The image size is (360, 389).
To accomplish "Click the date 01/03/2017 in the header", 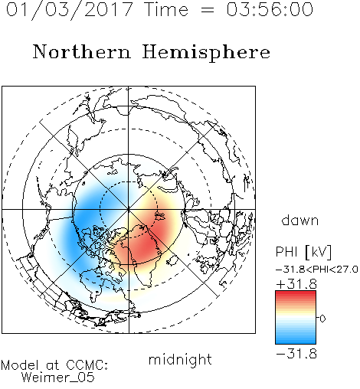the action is click(70, 10).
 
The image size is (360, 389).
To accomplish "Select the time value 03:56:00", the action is click(270, 9).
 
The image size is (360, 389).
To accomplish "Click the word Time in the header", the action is click(166, 9).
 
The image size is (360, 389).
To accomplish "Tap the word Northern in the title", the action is click(81, 51).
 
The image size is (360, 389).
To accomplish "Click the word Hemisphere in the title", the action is click(206, 53).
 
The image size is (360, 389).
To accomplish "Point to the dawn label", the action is click(300, 220).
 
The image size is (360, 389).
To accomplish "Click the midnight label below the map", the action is click(180, 359).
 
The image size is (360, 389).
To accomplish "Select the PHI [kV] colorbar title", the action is click(303, 252).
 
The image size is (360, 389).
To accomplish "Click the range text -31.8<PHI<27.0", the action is click(317, 270).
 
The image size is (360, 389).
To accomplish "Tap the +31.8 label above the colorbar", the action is click(296, 284).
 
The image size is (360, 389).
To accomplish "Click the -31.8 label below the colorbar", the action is click(296, 354).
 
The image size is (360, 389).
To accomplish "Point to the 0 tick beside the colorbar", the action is click(322, 319).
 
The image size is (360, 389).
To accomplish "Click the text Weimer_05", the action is click(58, 378).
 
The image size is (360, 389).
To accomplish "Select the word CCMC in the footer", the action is click(87, 365).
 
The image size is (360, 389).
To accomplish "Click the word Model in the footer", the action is click(20, 365).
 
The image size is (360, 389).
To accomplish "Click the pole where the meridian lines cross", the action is click(129, 210).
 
